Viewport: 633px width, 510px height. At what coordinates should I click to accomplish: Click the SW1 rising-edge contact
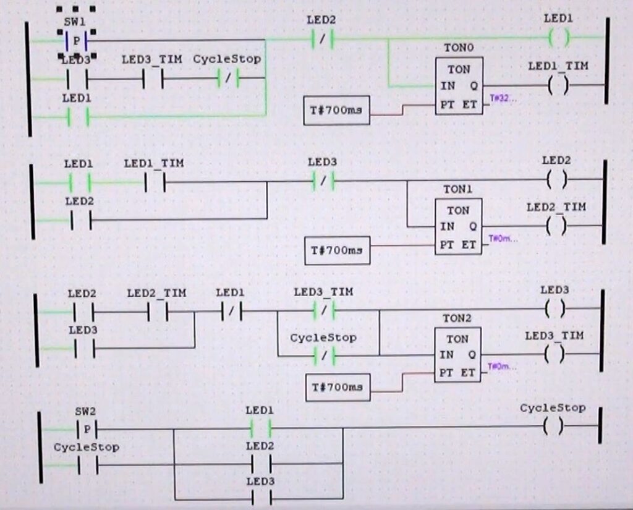[75, 41]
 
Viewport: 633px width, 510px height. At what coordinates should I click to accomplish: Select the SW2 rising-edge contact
[87, 428]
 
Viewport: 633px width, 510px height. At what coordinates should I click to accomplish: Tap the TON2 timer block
[457, 355]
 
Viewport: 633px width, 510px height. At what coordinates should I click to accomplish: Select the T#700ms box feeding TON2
[338, 387]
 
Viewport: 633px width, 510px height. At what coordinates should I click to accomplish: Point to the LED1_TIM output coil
[558, 85]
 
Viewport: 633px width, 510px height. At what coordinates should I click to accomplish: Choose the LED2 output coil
[557, 180]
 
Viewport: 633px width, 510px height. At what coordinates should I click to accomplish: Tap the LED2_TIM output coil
[556, 226]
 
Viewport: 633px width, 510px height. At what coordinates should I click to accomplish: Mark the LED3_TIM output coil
[554, 354]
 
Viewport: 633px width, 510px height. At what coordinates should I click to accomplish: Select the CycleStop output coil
[554, 427]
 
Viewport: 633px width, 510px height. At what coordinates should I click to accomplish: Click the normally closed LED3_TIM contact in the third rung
[323, 309]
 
